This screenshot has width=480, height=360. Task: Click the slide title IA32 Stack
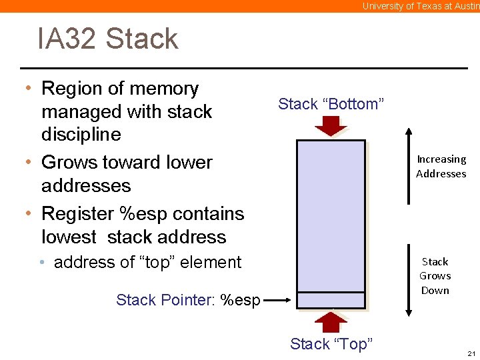(x=108, y=39)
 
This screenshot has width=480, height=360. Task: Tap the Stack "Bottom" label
(x=331, y=104)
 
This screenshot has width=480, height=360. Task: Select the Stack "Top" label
(x=331, y=344)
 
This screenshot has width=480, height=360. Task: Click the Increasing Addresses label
(x=441, y=167)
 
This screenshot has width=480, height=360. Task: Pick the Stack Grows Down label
(x=435, y=276)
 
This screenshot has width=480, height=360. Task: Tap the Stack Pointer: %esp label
(x=188, y=300)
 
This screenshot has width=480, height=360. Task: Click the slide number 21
(x=471, y=353)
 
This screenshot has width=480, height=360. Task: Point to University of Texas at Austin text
(x=420, y=6)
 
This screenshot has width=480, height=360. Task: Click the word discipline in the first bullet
(x=81, y=135)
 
